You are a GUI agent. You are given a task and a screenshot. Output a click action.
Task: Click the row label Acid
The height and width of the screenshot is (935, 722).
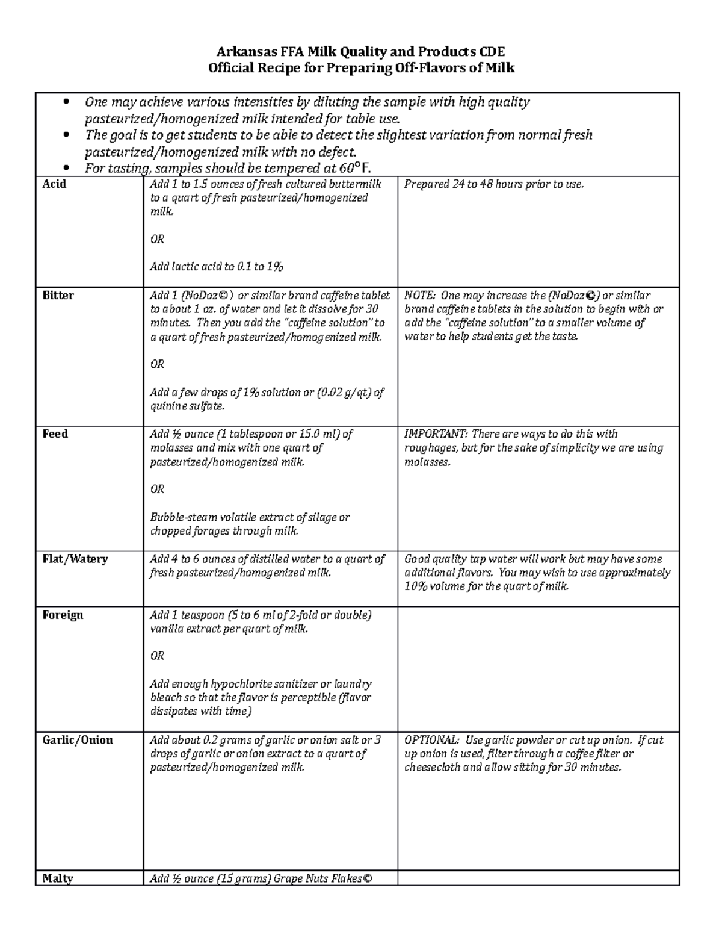54,184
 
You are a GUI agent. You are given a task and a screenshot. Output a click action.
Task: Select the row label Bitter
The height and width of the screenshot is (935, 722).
58,296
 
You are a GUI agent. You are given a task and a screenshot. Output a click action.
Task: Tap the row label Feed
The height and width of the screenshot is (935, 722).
55,434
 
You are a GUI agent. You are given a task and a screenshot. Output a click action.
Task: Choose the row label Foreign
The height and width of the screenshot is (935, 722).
63,615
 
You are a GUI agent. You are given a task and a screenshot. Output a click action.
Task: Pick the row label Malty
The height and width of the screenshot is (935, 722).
58,878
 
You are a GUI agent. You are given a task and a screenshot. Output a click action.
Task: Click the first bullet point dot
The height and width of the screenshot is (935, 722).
67,102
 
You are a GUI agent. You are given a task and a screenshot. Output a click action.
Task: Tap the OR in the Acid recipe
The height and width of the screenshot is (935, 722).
157,240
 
